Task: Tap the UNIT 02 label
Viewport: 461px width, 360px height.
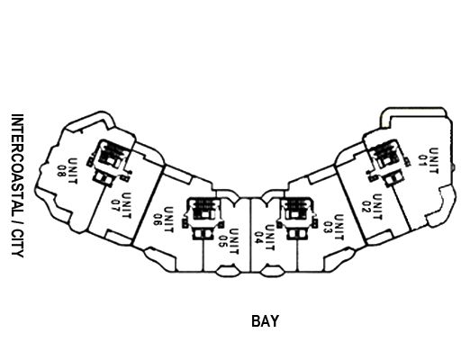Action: click(372, 207)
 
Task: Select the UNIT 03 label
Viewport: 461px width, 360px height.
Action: click(334, 228)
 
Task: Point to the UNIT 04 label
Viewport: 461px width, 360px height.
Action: click(265, 238)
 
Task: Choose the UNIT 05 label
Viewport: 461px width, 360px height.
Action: click(228, 241)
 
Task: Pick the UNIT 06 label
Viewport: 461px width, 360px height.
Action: click(164, 220)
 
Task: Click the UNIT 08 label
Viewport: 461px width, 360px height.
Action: click(68, 171)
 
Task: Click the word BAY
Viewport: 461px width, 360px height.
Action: click(265, 321)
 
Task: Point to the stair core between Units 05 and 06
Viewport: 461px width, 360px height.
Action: click(203, 218)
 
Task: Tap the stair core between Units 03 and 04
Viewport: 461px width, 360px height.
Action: click(297, 218)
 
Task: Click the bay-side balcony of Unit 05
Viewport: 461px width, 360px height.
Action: click(228, 271)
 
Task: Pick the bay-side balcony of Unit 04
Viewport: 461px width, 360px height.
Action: click(272, 271)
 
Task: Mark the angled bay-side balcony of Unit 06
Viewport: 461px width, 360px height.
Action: click(159, 259)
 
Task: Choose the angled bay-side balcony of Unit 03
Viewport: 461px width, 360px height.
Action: click(339, 259)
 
